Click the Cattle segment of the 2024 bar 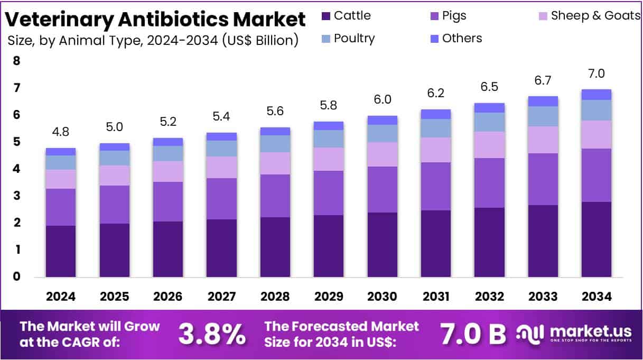[61, 251]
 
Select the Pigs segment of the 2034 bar [597, 175]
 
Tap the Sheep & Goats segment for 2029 [329, 159]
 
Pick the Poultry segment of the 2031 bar [436, 128]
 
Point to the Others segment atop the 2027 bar [221, 136]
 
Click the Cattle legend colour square [326, 16]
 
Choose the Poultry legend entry [354, 39]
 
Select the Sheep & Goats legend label [595, 16]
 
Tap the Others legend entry [462, 39]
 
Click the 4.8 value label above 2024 [60, 132]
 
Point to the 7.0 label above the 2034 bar [597, 73]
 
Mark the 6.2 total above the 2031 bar [436, 94]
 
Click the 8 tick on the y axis [16, 61]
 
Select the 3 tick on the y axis [16, 196]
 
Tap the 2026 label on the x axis [167, 297]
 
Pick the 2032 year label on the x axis [489, 297]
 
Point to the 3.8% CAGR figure [212, 334]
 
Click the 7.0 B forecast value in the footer [473, 334]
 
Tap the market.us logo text [591, 331]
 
